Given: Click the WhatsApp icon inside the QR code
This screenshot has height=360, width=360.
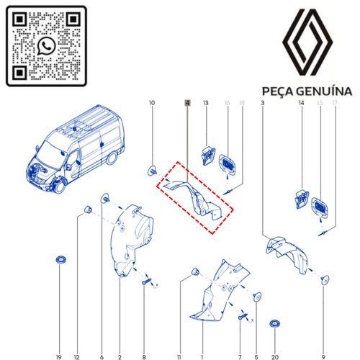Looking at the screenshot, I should pos(47,45).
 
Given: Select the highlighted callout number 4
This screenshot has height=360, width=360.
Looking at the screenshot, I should pos(187,104).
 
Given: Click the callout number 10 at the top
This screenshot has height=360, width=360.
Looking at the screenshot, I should pos(151,104).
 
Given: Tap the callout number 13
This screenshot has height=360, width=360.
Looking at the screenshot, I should pos(206,104).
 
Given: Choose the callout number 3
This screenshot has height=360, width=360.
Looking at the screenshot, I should pos(262,104).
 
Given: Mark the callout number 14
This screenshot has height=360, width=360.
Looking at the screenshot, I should pos(300,104).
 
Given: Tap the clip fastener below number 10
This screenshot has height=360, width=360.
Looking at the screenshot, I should pos(152,171).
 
